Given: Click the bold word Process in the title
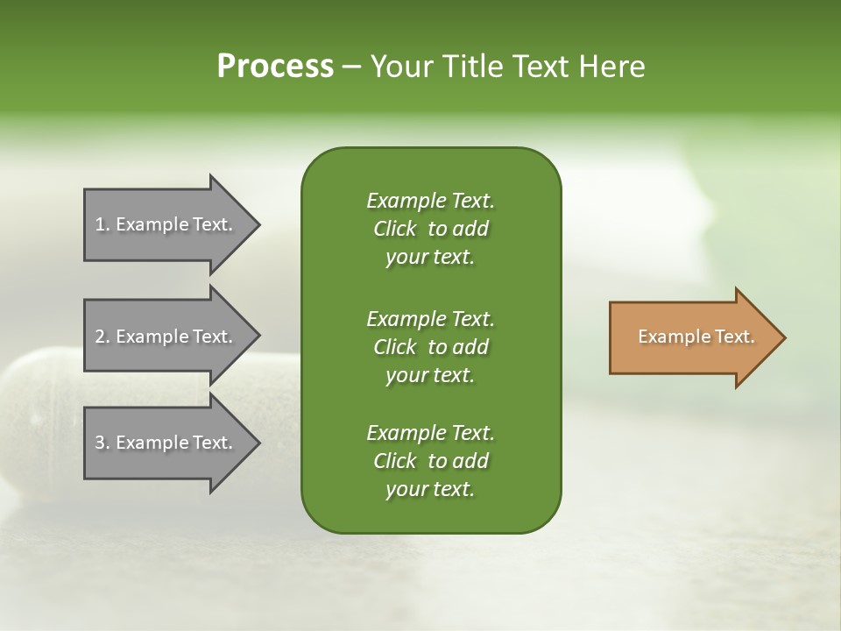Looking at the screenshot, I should coord(275,67).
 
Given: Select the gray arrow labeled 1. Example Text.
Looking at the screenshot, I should coord(165,224).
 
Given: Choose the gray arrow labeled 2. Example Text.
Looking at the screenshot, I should coord(165,337).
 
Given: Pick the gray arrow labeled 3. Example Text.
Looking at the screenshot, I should coord(165,443).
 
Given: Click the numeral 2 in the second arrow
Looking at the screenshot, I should coord(100,337).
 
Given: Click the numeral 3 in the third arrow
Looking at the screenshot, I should coord(100,443).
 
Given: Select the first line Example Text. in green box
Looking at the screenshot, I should coord(430,201).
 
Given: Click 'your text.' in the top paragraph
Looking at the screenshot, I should coord(430,258).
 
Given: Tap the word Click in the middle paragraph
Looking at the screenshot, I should coord(394,347).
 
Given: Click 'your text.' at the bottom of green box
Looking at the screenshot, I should coord(430,490).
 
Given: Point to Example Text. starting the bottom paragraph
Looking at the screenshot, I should coord(430,433).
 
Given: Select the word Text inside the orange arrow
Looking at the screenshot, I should coord(733,337).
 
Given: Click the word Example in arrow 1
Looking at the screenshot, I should coord(152,224).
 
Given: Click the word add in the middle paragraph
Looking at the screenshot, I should coord(470,347).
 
